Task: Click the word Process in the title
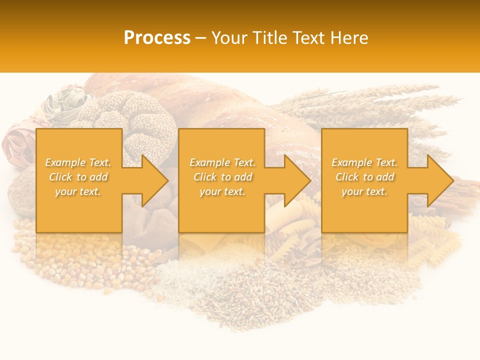tap(157, 37)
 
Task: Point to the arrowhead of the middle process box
tap(296, 180)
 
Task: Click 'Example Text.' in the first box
tap(78, 162)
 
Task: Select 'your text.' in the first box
tap(78, 191)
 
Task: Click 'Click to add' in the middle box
tap(222, 177)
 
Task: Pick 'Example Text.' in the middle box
tap(222, 162)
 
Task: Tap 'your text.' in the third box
tap(364, 191)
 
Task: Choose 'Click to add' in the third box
tap(364, 177)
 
